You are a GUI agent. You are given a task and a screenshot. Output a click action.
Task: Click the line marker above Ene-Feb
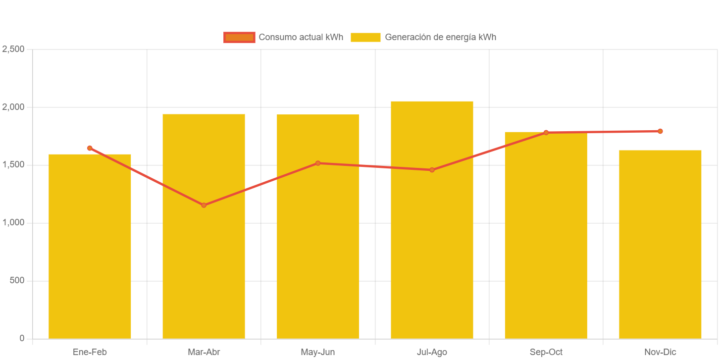[x=90, y=148]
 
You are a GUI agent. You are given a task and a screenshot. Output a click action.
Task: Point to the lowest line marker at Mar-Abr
[x=204, y=205]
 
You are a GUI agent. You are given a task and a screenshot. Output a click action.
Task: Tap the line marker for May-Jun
[x=318, y=163]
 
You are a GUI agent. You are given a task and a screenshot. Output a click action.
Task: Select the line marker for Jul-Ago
[x=432, y=170]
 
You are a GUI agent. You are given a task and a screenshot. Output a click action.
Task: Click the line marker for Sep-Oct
[x=546, y=132]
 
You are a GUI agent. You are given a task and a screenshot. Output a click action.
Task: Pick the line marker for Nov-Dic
[x=660, y=131]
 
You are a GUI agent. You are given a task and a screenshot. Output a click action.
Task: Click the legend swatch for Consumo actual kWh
[x=239, y=37]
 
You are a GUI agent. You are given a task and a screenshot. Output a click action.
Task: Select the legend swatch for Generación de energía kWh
[x=365, y=37]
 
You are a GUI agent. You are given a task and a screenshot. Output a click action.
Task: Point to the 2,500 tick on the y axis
[x=13, y=49]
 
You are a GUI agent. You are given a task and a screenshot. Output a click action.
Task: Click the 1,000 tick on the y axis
[x=13, y=222]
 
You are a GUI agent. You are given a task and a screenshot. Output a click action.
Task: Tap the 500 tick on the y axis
[x=17, y=280]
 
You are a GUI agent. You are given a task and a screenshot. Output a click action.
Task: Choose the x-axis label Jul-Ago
[x=432, y=352]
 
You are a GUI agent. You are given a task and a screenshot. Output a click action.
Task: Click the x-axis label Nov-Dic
[x=660, y=352]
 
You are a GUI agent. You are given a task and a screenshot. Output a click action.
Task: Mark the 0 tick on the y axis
[x=22, y=338]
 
